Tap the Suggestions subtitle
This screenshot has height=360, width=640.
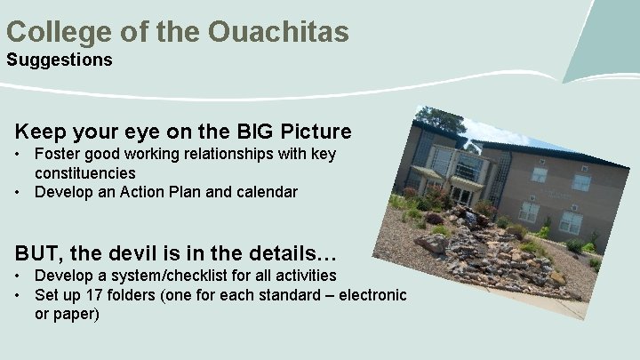click(x=60, y=60)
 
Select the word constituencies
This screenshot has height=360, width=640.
click(x=85, y=172)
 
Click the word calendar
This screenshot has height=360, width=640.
click(x=266, y=191)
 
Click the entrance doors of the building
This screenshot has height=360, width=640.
click(x=461, y=195)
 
